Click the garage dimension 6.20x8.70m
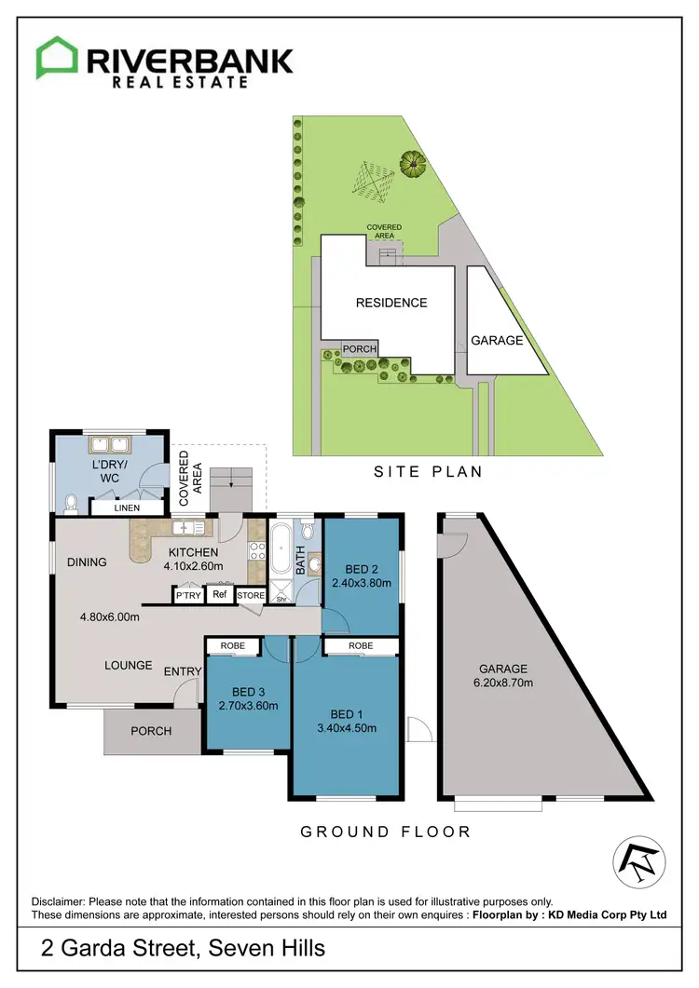503,683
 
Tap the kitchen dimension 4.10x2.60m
194,565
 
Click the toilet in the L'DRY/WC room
72,504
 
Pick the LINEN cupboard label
127,508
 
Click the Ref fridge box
219,594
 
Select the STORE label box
250,595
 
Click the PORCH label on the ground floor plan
151,731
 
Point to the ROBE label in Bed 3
233,645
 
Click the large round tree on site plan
412,164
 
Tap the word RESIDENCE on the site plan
391,303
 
